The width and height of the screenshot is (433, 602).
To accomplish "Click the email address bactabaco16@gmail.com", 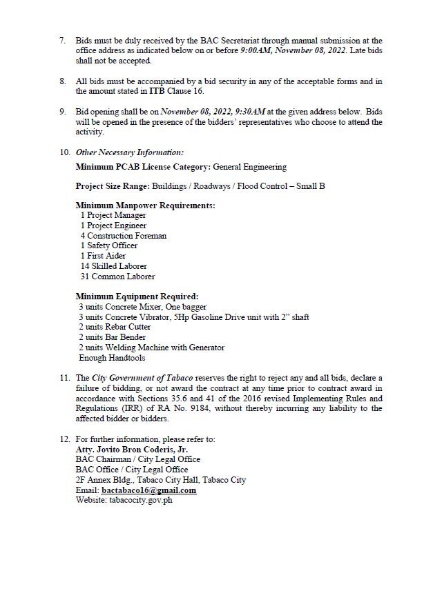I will click(148, 490).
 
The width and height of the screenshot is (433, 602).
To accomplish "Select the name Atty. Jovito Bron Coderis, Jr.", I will click(129, 449).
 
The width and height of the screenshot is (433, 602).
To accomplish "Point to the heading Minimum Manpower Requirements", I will click(145, 205).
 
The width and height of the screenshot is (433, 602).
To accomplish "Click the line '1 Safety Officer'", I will click(109, 245).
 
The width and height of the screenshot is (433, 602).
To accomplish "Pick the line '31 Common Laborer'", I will click(113, 276).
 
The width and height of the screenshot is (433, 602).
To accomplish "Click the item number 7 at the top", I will click(63, 41).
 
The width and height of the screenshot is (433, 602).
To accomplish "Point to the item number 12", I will click(64, 439).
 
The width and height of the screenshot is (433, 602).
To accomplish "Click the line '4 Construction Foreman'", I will click(123, 236).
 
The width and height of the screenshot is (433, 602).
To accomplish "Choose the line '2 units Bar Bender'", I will click(112, 337).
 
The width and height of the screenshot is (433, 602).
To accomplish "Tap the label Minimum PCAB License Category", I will click(143, 167).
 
